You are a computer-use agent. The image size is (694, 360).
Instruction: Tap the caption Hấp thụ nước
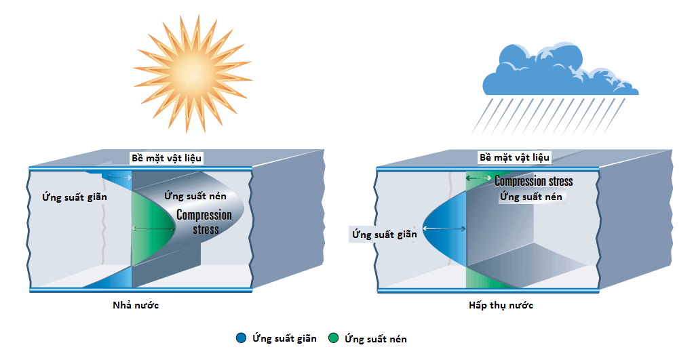[x=501, y=305]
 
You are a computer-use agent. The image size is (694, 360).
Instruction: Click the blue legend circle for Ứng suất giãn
[x=241, y=338]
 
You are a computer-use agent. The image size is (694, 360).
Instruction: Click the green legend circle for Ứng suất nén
[x=332, y=338]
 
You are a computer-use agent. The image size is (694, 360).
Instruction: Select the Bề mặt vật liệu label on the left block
[x=167, y=158]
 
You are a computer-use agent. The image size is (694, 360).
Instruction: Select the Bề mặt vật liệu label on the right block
[x=515, y=157]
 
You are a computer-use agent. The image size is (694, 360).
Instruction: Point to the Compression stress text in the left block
[x=204, y=222]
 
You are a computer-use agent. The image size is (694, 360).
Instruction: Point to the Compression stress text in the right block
[x=533, y=181]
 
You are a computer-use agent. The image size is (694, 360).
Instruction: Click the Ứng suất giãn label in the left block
[x=75, y=197]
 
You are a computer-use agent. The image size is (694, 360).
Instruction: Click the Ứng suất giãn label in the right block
[x=383, y=235]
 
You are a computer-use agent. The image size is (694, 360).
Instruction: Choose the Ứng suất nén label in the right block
[x=531, y=197]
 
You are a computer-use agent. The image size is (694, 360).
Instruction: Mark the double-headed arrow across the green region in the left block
[x=153, y=229]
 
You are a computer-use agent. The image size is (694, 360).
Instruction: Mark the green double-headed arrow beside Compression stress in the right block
[x=479, y=178]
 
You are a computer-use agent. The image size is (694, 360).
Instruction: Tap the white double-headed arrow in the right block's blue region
[x=444, y=230]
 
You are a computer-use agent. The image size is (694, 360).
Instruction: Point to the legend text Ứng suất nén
[x=376, y=338]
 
